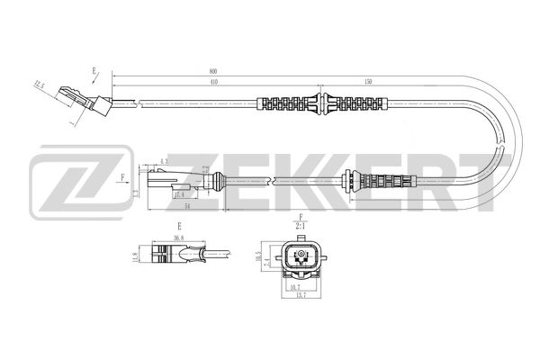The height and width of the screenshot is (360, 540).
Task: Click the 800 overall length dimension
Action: [213, 70]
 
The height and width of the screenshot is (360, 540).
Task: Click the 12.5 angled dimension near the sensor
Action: [39, 86]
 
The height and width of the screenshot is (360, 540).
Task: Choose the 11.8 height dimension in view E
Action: [136, 257]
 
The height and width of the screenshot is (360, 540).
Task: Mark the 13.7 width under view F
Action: [297, 295]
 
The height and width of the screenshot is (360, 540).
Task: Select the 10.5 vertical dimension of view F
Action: [258, 256]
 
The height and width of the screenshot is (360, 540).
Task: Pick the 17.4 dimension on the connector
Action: [180, 194]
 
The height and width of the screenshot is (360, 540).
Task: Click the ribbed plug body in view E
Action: [170, 256]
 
